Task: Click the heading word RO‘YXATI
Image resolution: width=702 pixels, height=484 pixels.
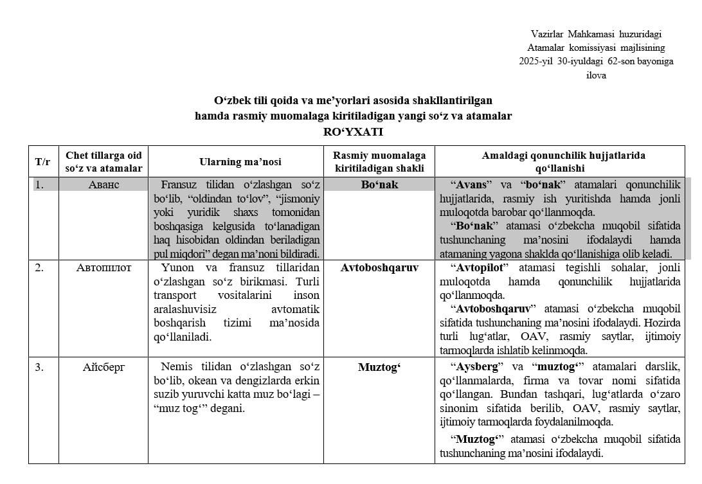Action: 353,132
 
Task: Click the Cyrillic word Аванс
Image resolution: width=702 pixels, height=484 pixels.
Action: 104,184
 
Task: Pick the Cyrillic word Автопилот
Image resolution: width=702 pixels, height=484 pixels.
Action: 104,267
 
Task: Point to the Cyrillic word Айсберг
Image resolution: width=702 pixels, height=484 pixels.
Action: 104,368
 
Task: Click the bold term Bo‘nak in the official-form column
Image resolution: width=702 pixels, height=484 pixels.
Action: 379,184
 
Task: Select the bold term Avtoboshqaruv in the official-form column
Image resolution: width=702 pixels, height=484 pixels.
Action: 379,267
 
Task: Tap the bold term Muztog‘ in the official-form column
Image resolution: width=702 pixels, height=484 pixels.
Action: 379,368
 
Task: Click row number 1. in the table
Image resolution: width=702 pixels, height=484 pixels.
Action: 40,184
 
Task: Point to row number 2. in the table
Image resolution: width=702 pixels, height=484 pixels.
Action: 40,267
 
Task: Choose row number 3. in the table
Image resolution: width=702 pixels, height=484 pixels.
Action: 40,368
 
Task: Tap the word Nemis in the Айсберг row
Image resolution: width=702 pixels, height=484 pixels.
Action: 174,368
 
